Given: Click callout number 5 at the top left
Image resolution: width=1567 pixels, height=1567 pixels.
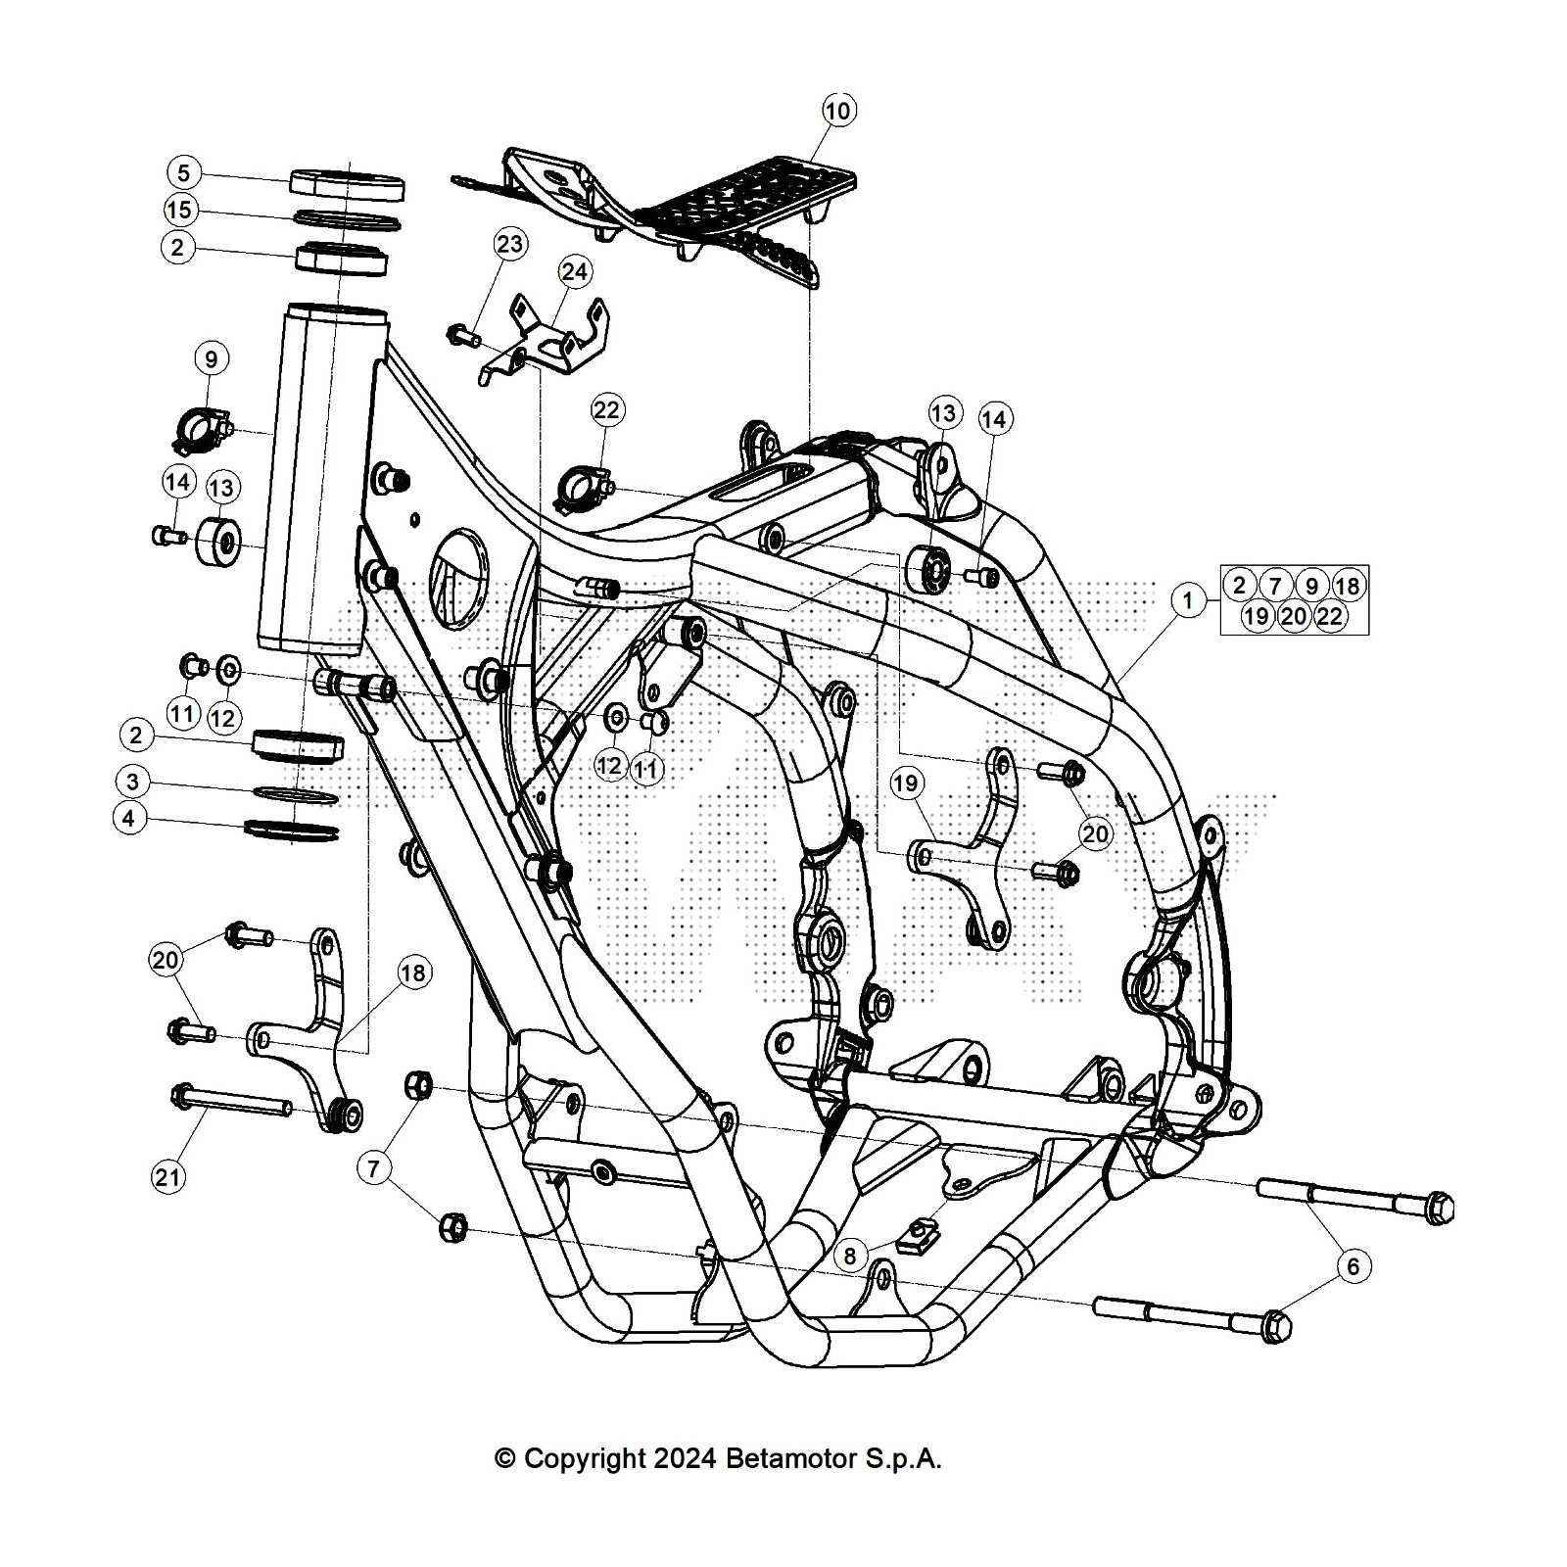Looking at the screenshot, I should (183, 173).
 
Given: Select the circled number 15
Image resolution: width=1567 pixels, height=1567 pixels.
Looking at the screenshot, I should (179, 210).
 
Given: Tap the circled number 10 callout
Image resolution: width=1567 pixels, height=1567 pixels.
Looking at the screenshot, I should (838, 111).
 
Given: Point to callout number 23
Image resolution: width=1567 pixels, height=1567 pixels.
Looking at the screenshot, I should (510, 244).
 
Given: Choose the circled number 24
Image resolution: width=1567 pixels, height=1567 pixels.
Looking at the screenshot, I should (575, 271).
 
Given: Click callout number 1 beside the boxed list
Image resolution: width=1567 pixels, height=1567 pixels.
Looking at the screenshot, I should (1188, 599).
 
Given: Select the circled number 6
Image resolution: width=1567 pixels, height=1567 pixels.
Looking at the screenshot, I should (1353, 1266).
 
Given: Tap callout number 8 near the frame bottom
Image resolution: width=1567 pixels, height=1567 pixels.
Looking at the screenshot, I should (849, 1256).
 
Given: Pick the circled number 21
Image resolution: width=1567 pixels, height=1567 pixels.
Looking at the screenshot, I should (168, 1175).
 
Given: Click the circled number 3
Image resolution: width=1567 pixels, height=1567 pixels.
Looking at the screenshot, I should (132, 782).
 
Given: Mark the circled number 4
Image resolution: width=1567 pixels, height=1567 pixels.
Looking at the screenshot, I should (130, 818).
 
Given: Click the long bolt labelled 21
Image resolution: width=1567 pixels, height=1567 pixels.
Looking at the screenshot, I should (235, 1102).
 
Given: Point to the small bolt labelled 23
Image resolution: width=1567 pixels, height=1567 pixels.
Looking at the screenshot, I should (461, 337).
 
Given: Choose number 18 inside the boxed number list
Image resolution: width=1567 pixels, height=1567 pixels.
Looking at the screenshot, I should (1348, 586).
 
